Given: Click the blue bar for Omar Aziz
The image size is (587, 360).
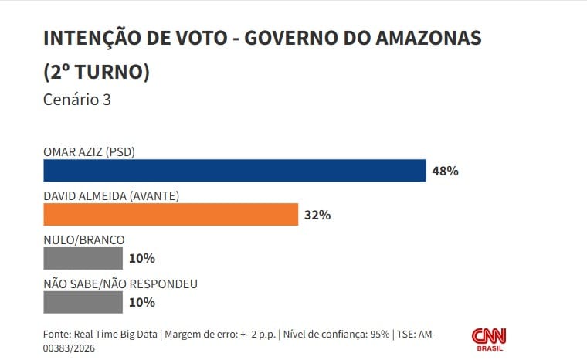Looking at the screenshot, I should tap(235, 170).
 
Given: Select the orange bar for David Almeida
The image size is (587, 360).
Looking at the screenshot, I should tap(171, 214).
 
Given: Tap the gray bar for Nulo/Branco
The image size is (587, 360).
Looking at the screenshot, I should tap(83, 258).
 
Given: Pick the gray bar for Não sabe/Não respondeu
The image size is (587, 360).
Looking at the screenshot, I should tap(83, 302).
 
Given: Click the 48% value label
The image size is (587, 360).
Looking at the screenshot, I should tap(446, 171).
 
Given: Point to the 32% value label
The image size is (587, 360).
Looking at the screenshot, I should tap(317, 215).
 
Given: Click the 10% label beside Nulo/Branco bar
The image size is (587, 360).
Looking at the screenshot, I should tap(142, 258).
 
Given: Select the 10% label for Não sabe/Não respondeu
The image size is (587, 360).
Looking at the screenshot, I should tap(142, 302).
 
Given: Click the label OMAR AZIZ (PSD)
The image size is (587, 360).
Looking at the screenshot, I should tap(90, 151).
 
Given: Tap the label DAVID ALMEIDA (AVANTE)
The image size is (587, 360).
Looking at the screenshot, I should tap(111, 195).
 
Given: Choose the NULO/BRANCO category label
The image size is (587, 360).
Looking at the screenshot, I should tap(83, 239).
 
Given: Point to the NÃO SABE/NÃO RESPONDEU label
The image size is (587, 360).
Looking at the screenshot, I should tap(120, 284).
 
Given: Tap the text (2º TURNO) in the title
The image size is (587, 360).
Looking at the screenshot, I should tap(97, 72).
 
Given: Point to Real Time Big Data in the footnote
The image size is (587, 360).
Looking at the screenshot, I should tap(116, 335).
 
